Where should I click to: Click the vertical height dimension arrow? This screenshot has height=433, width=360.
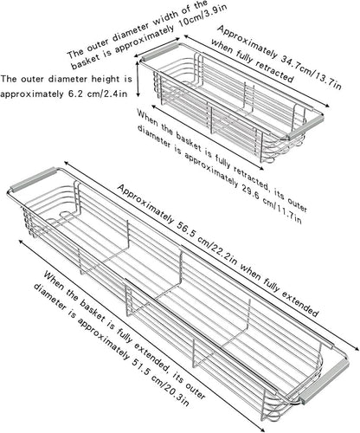click(x=138, y=79)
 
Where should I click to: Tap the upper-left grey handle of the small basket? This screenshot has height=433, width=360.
click(x=159, y=52)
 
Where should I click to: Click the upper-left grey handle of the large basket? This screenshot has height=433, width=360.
click(x=33, y=178)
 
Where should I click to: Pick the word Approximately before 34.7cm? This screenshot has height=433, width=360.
click(x=247, y=42)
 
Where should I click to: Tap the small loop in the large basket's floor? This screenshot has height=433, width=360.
click(x=65, y=214)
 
